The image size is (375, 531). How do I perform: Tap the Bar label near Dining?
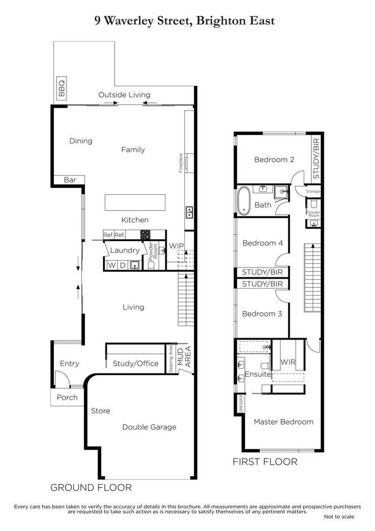click(x=70, y=180)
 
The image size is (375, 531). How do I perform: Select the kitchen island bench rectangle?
click(x=135, y=203)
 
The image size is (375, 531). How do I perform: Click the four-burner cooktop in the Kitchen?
click(x=145, y=235)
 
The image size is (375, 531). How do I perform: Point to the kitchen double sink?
click(x=189, y=212)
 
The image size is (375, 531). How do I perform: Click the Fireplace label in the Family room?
click(x=181, y=163)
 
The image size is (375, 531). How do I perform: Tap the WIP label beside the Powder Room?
click(x=176, y=246)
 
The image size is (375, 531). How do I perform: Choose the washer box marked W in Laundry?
click(x=112, y=265)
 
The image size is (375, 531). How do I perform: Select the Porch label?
click(x=67, y=397)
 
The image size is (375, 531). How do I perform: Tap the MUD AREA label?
click(x=184, y=357)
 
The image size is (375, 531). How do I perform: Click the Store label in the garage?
click(x=100, y=411)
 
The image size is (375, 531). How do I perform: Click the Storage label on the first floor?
click(x=313, y=191)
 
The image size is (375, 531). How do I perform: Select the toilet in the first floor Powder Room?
click(x=313, y=203)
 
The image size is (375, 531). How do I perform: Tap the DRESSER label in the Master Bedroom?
click(x=241, y=404)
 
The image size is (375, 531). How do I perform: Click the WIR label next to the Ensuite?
click(x=288, y=362)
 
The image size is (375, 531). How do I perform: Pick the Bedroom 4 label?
click(x=262, y=243)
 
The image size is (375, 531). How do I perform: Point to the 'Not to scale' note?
click(x=339, y=516)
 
